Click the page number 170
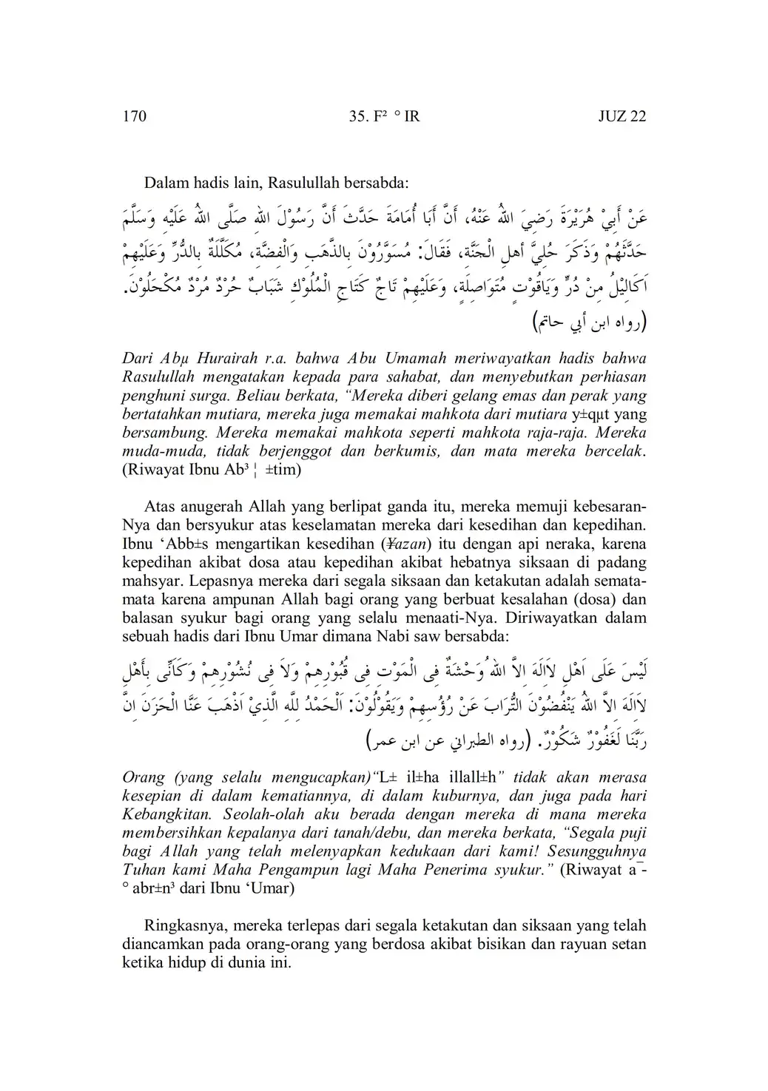133,116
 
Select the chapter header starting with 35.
383,116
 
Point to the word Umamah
402,358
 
